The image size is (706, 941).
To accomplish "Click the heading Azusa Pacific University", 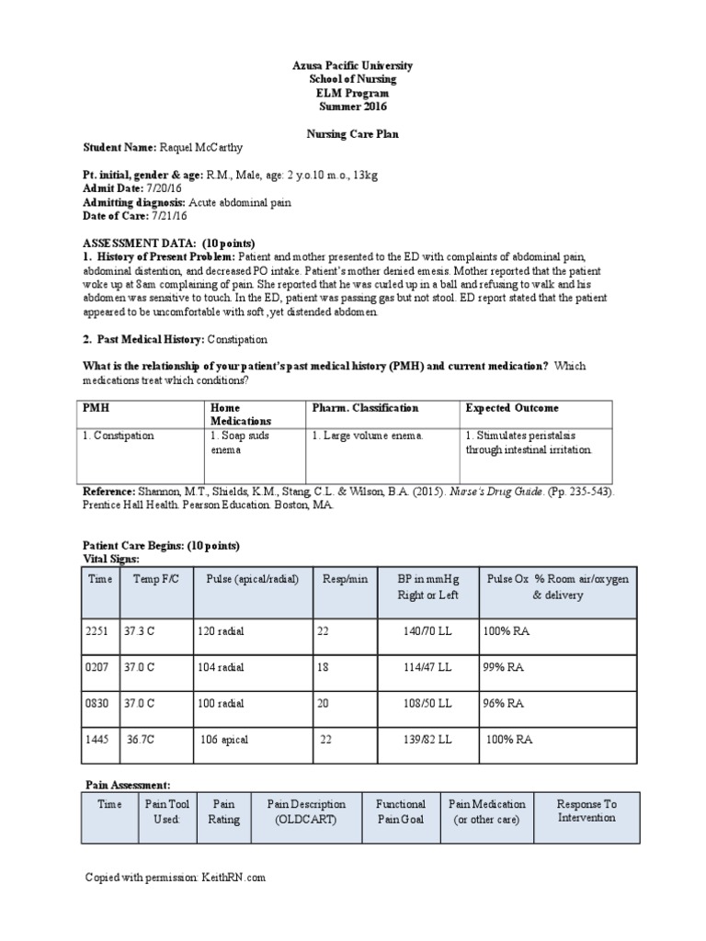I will pos(353,66).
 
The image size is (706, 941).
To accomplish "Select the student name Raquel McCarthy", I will pos(202,147).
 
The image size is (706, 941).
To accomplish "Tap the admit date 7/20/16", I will pos(160,188).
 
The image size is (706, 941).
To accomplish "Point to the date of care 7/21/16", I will pos(168,216).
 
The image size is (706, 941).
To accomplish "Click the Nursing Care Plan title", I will pos(353,134).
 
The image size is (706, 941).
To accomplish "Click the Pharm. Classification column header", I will pos(365,408).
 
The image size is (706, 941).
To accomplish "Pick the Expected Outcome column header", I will pos(511,408).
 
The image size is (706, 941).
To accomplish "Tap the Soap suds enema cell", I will pos(240,442).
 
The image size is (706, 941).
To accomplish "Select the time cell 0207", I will pos(99,668).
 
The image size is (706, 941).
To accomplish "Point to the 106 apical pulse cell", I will pos(224,739).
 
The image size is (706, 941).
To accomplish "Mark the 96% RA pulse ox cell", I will pos(503,703).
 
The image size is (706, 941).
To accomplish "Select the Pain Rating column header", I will pos(223,811).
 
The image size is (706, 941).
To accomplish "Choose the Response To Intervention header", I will pos(586,811).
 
